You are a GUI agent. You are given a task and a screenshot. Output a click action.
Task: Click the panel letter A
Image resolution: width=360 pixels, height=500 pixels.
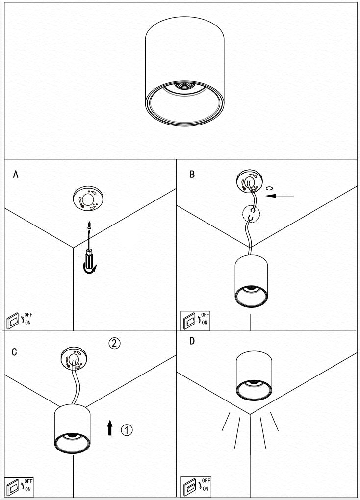(16, 175)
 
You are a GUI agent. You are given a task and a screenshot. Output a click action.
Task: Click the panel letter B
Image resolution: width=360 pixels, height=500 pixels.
(192, 174)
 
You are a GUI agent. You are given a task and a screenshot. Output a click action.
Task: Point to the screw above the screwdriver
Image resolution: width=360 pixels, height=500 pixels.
(89, 226)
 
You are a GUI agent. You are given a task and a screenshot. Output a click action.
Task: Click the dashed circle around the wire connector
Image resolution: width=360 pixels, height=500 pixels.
(252, 214)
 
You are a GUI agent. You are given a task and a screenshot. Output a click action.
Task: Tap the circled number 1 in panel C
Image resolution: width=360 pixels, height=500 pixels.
(126, 430)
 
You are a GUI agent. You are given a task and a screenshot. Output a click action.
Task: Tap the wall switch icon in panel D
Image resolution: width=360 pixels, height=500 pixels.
(189, 487)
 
